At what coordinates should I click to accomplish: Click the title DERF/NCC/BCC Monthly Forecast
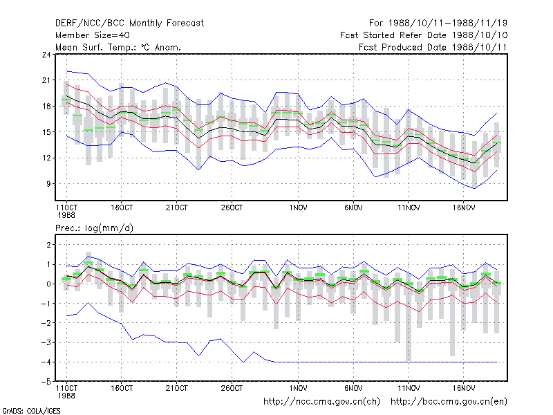pos(129,24)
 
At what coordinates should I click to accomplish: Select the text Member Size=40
pos(93,35)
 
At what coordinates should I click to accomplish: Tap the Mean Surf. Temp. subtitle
pos(118,47)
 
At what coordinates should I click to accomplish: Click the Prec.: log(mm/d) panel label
pos(94,228)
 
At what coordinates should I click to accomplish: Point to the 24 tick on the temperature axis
pos(46,55)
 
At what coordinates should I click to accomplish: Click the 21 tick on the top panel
pos(46,80)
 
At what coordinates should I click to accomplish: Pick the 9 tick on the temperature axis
pos(48,184)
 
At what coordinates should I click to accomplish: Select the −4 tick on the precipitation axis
pos(46,362)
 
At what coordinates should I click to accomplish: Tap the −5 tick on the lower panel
pos(46,382)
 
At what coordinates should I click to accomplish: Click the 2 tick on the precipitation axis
pos(48,245)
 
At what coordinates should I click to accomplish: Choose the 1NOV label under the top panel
pos(299,208)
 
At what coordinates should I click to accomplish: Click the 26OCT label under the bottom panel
pos(232,388)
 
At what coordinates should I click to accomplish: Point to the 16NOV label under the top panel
pos(464,208)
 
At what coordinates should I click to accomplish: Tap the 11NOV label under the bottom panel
pos(409,388)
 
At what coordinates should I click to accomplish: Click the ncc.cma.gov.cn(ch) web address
pos(321,402)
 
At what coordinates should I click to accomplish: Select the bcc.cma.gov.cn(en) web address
pos(449,402)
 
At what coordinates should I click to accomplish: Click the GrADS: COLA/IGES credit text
pos(31,411)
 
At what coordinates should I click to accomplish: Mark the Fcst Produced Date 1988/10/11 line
pos(433,47)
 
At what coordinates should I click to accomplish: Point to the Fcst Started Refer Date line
pos(424,35)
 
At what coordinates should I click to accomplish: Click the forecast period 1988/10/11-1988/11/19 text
pos(448,24)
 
